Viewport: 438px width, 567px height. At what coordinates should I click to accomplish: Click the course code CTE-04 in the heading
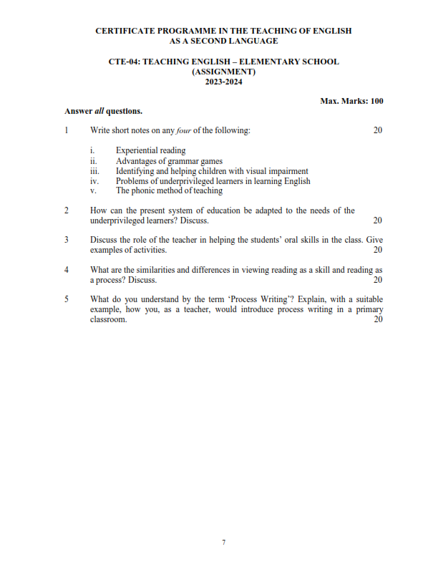(124, 62)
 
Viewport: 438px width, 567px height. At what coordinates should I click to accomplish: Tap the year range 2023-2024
(223, 82)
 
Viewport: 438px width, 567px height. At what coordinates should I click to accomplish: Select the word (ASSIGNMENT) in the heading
(223, 72)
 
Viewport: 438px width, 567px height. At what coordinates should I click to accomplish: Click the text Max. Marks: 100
(351, 101)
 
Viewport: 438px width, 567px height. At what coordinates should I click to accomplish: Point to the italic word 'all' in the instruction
(99, 111)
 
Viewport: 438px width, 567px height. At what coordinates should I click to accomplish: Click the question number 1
(66, 130)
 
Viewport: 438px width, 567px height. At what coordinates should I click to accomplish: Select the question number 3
(66, 240)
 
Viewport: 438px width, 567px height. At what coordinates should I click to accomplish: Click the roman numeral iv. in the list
(94, 181)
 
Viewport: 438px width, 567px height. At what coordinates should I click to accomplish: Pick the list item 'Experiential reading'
(150, 150)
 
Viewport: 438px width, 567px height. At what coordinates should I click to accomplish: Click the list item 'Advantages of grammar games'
(169, 161)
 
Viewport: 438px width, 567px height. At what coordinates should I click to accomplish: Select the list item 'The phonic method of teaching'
(169, 191)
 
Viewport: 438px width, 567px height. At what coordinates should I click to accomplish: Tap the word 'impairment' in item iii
(289, 171)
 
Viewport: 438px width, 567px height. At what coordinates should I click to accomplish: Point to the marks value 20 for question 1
(378, 130)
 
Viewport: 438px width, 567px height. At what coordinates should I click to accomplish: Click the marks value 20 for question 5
(378, 319)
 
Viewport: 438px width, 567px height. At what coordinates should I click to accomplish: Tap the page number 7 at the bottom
(223, 542)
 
